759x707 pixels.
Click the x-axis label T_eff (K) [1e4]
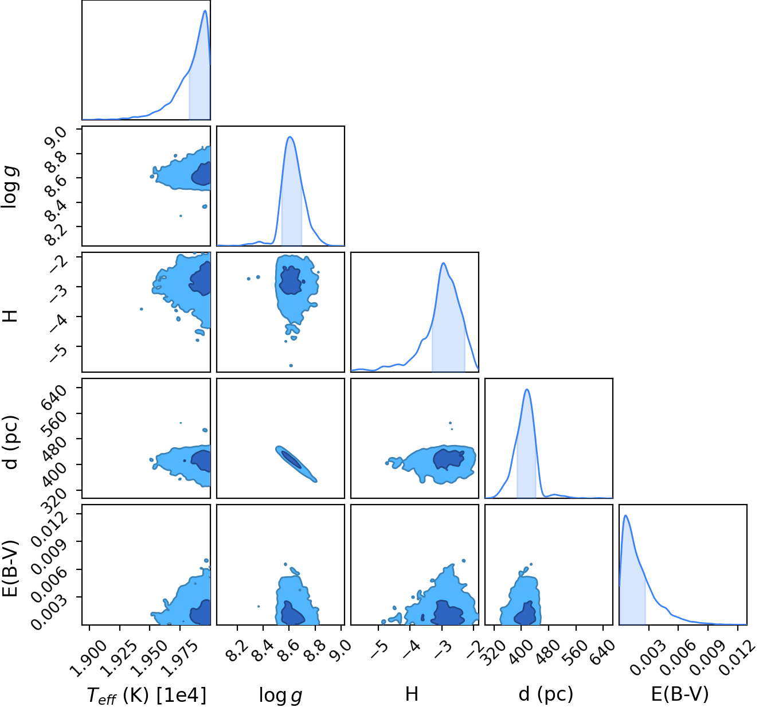(147, 695)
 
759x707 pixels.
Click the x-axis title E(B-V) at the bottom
(680, 694)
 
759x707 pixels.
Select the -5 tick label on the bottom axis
(379, 650)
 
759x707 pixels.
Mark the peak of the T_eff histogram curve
(205, 10)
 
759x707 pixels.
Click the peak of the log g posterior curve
(289, 137)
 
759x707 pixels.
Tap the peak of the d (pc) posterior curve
(527, 389)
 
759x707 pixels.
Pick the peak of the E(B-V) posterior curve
(625, 515)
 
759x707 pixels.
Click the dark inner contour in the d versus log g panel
(292, 460)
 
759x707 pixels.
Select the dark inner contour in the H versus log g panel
(291, 280)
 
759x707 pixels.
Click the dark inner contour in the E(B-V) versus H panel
(448, 611)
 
